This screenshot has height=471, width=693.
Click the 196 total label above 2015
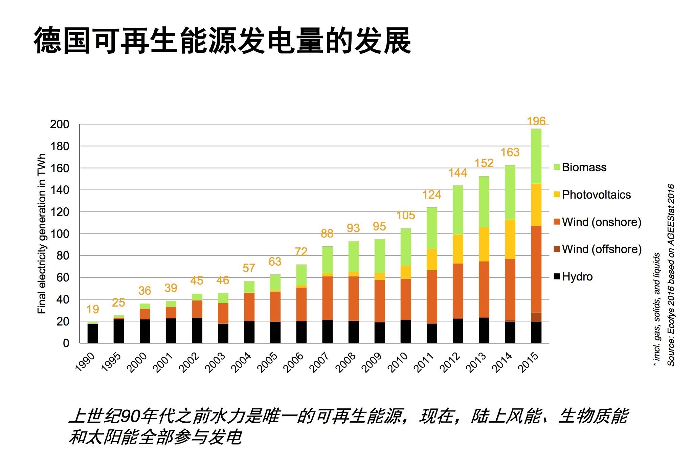coord(536,121)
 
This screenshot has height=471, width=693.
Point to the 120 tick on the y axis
coord(60,212)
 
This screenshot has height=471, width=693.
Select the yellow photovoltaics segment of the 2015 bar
coord(536,205)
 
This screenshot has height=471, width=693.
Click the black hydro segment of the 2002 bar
coord(197,330)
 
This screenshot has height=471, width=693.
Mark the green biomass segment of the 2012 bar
coord(458,210)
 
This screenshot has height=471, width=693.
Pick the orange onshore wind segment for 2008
coord(353,298)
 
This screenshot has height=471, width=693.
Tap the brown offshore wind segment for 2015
coord(536,317)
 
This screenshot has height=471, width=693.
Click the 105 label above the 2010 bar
coord(406,216)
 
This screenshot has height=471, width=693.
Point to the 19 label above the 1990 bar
coord(93,309)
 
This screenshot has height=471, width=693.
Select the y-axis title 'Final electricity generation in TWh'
coord(42,234)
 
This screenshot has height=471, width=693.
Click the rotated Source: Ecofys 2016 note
coord(671,275)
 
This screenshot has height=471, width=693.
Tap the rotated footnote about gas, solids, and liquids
coord(657,310)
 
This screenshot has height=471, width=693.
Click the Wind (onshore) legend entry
coord(601,222)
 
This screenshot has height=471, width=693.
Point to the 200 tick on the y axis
coord(60,125)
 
